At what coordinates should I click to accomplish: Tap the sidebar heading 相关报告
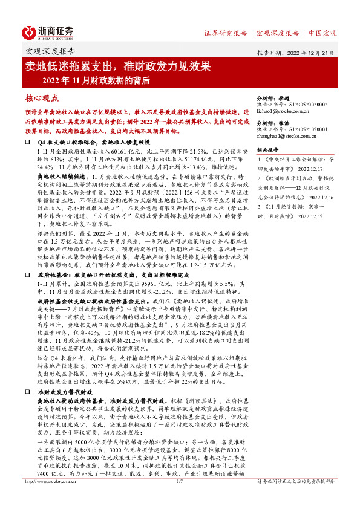pyautogui.click(x=269, y=149)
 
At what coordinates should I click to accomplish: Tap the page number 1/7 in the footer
pyautogui.click(x=180, y=499)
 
